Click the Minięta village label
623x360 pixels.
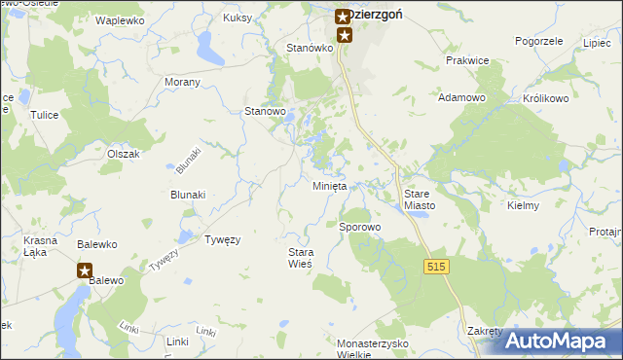coord(329,186)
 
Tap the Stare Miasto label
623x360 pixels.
coord(424,199)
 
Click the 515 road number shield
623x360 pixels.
coord(436,266)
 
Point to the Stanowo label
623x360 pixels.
coord(265,111)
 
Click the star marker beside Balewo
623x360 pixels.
coord(85,271)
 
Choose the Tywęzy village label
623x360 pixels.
coord(222,238)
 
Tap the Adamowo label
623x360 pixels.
coord(461,97)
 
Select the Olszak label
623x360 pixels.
coord(125,154)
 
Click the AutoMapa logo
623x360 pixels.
coord(558,342)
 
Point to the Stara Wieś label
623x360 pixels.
coord(301,258)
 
